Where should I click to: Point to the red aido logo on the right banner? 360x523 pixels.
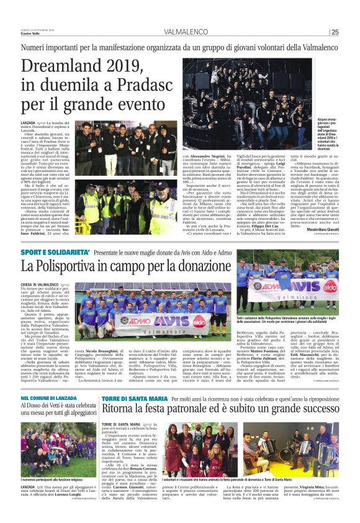(x=330, y=286)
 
